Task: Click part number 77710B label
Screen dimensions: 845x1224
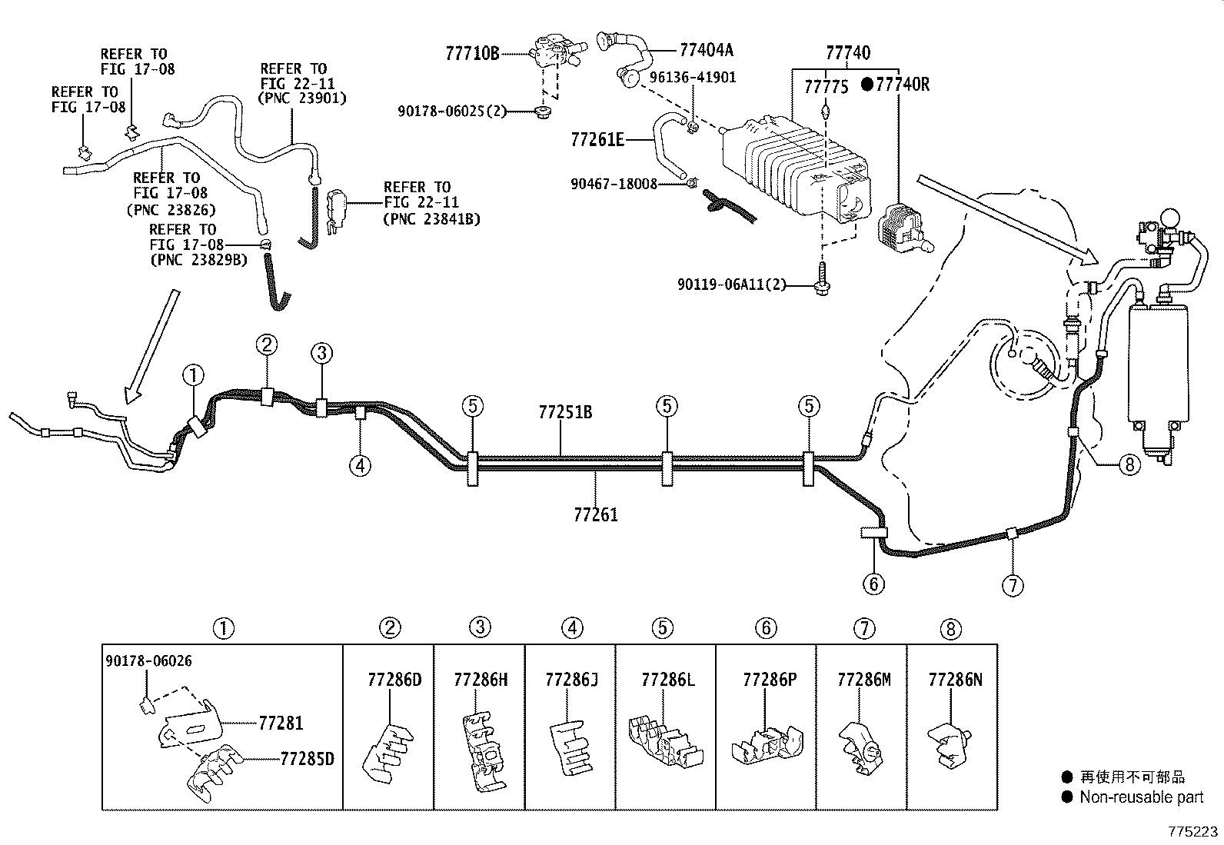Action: tap(472, 53)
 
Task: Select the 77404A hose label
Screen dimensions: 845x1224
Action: tap(706, 51)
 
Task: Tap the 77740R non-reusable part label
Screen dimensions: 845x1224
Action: tap(896, 85)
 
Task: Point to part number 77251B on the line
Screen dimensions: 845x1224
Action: tap(564, 413)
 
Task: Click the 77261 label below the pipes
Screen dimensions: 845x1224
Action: tap(595, 514)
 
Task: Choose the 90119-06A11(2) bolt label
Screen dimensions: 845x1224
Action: tap(732, 284)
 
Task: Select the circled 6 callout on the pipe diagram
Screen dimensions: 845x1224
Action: tap(873, 584)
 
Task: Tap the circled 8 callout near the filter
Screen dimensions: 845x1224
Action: tap(1128, 465)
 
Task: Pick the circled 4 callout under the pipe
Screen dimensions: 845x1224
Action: tap(359, 465)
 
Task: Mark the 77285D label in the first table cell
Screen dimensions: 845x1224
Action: tap(307, 760)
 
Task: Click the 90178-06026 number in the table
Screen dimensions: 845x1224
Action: tap(148, 660)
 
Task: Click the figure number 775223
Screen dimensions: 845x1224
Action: tap(1193, 832)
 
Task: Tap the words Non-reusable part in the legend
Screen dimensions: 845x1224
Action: tap(1141, 797)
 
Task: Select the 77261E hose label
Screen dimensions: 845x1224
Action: tap(597, 140)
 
